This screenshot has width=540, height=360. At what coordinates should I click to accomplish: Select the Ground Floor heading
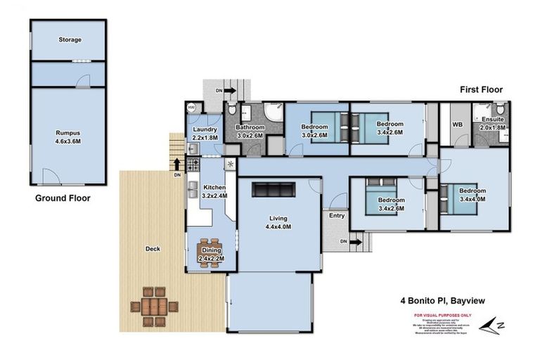pos(63,198)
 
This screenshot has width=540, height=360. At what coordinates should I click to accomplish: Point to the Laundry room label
pos(205,129)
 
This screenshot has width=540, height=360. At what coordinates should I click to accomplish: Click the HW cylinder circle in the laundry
pos(192,108)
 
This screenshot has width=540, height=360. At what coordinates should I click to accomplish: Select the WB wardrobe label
pos(456,124)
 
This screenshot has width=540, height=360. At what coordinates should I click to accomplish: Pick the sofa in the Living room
pos(274,189)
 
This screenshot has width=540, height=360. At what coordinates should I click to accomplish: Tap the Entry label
pos(336,215)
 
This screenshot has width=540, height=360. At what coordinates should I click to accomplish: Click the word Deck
pos(153,248)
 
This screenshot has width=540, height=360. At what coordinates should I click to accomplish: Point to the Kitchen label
pos(214,188)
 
